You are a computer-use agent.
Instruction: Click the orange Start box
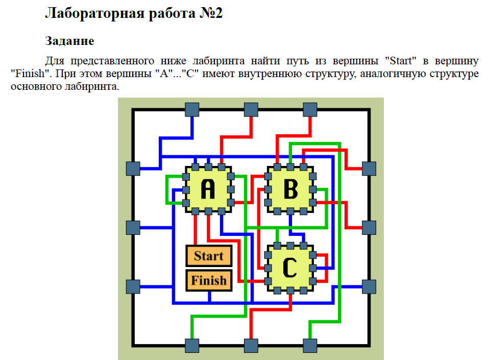click(x=209, y=256)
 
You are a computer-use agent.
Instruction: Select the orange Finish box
click(x=209, y=280)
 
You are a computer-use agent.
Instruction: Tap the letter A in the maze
click(x=208, y=189)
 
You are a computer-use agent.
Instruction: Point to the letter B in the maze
click(x=290, y=189)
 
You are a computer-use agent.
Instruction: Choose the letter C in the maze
click(x=290, y=267)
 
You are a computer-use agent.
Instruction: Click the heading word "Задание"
click(x=69, y=40)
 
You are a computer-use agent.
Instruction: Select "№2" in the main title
click(x=210, y=13)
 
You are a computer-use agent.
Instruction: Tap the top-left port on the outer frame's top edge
click(x=191, y=110)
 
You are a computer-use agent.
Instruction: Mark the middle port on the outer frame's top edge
click(x=251, y=110)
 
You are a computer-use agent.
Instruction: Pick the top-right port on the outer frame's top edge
click(x=310, y=110)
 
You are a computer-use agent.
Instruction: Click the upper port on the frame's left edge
click(x=133, y=169)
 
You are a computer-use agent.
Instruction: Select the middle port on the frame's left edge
click(x=133, y=228)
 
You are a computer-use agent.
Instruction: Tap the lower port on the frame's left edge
click(x=133, y=286)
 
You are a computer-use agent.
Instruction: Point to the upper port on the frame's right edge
click(x=369, y=169)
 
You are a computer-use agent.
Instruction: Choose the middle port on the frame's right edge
click(x=369, y=228)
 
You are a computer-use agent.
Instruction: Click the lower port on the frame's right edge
click(x=369, y=286)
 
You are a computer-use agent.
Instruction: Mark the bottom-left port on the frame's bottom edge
click(x=191, y=346)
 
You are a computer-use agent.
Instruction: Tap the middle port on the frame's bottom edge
click(x=251, y=346)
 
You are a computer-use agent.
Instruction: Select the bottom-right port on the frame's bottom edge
click(x=310, y=346)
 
